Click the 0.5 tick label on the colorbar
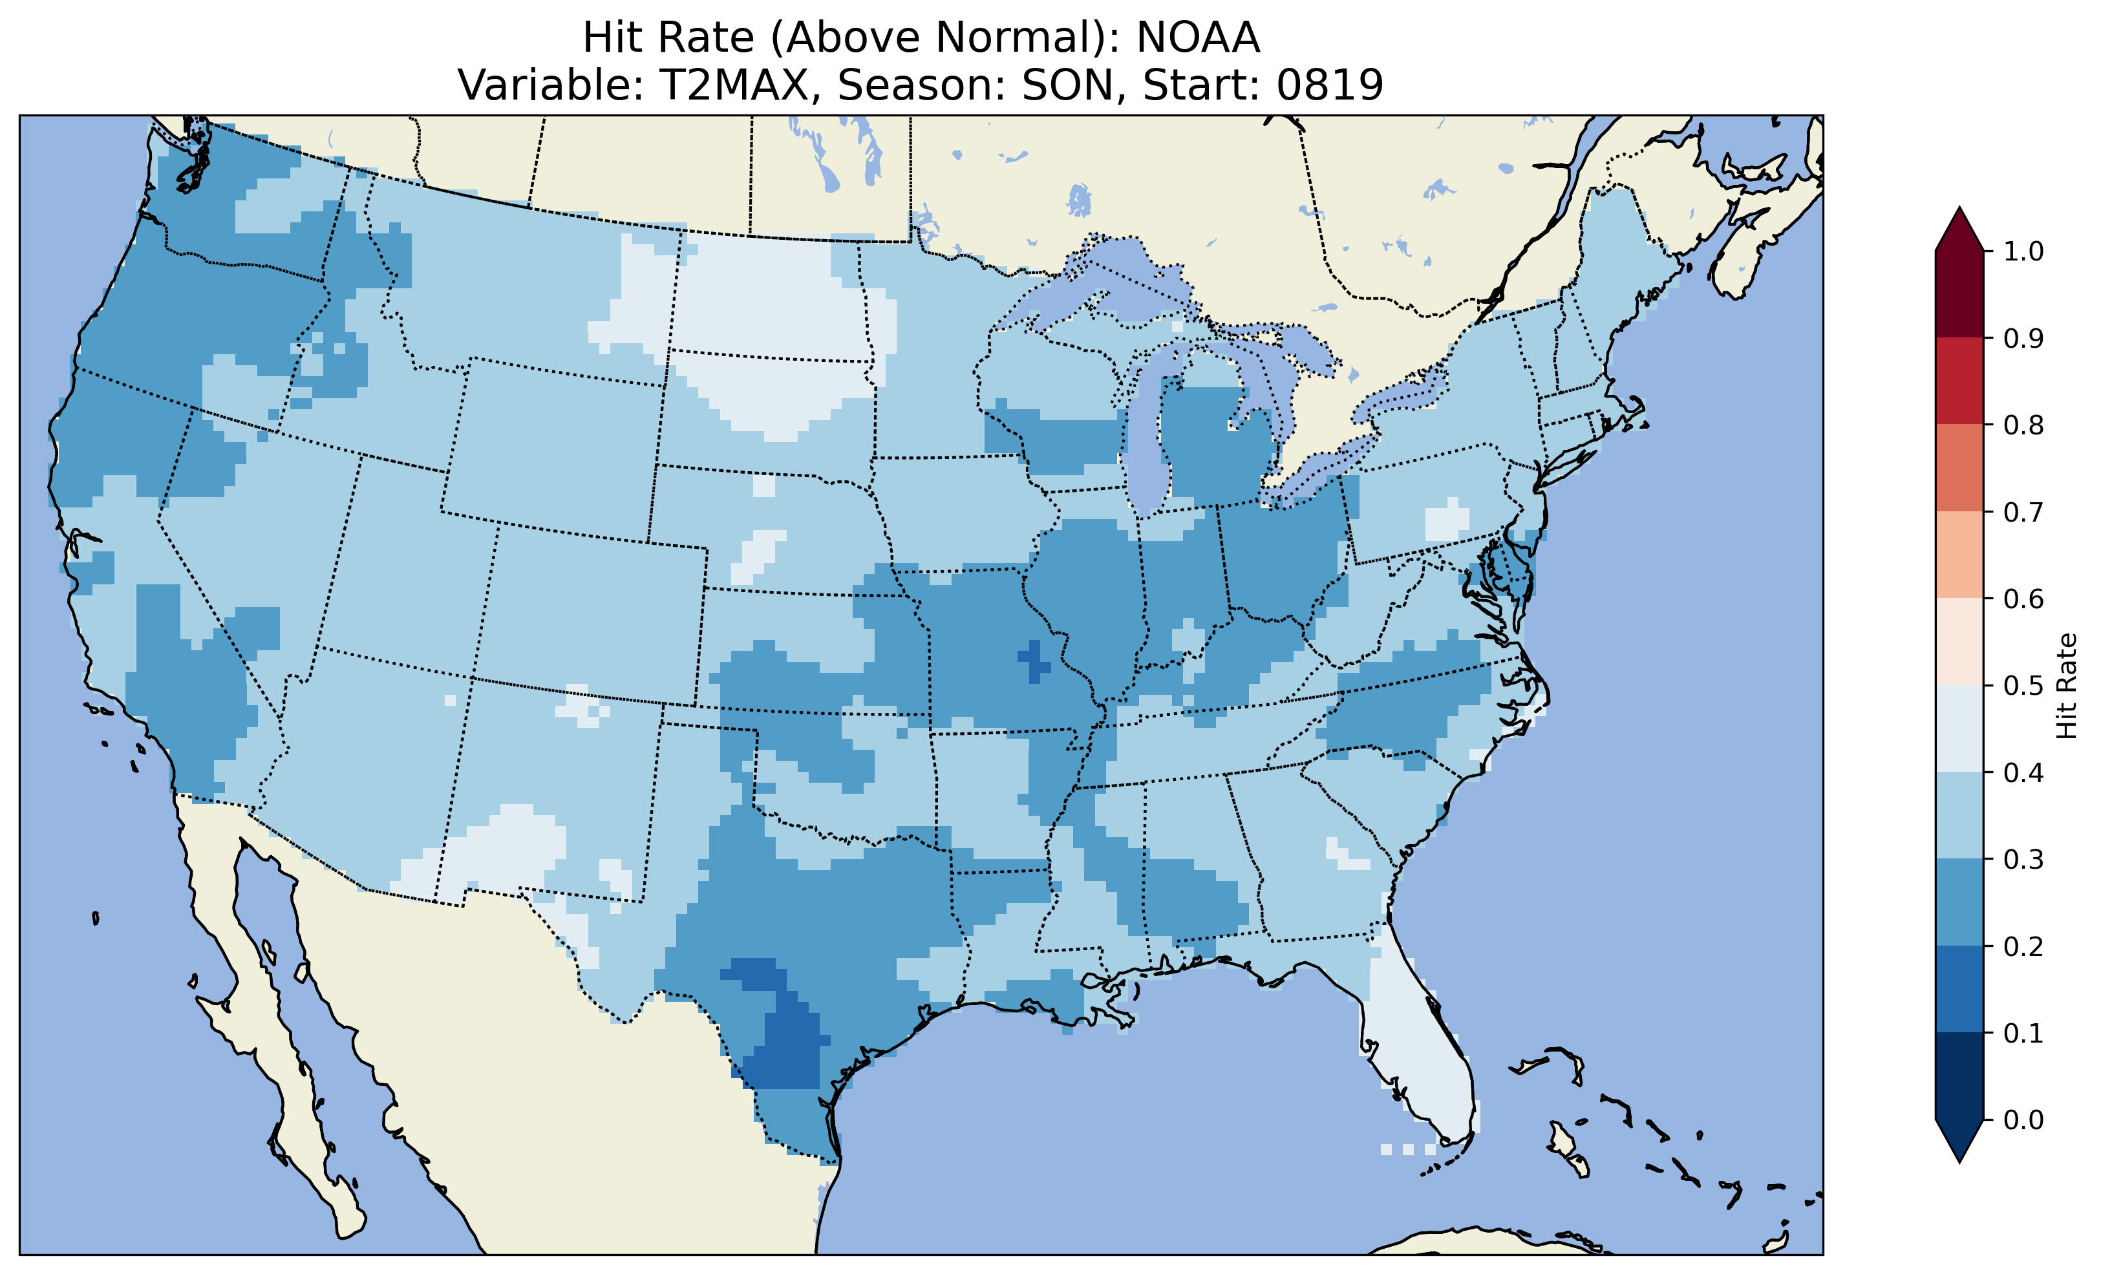click(2023, 686)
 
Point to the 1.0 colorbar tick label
click(2023, 251)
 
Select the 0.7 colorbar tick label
click(2023, 513)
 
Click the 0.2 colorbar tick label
click(2023, 946)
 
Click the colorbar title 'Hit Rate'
click(2067, 686)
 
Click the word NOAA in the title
click(1197, 37)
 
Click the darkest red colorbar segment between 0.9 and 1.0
click(1959, 294)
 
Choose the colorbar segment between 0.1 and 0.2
click(1959, 989)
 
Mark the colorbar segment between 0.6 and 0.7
click(1959, 555)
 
